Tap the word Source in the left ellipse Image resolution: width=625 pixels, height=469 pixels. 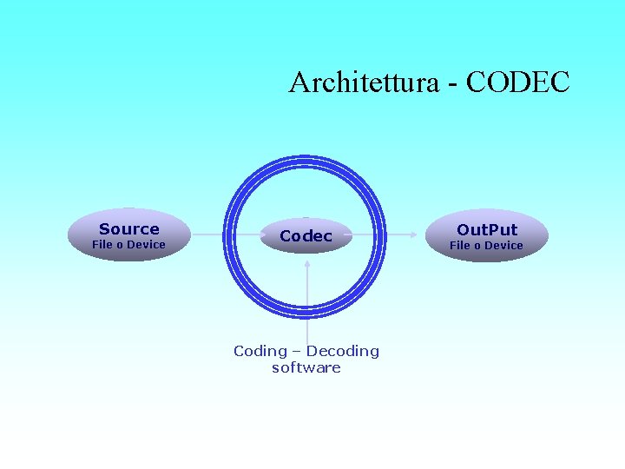click(129, 228)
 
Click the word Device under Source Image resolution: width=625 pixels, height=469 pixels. click(146, 245)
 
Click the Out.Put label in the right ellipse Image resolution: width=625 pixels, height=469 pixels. click(487, 229)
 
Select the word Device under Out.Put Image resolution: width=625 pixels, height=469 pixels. click(503, 246)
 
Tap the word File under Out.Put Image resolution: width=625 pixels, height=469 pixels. click(460, 246)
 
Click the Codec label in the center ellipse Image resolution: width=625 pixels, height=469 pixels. click(306, 235)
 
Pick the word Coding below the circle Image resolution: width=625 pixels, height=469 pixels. click(260, 351)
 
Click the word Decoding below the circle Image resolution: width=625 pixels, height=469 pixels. click(343, 351)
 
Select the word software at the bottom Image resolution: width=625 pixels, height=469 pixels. click(306, 367)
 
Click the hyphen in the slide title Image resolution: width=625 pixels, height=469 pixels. click(451, 83)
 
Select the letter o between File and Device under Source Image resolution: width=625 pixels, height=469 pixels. click(120, 246)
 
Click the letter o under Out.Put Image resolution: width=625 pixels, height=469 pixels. click(477, 247)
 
